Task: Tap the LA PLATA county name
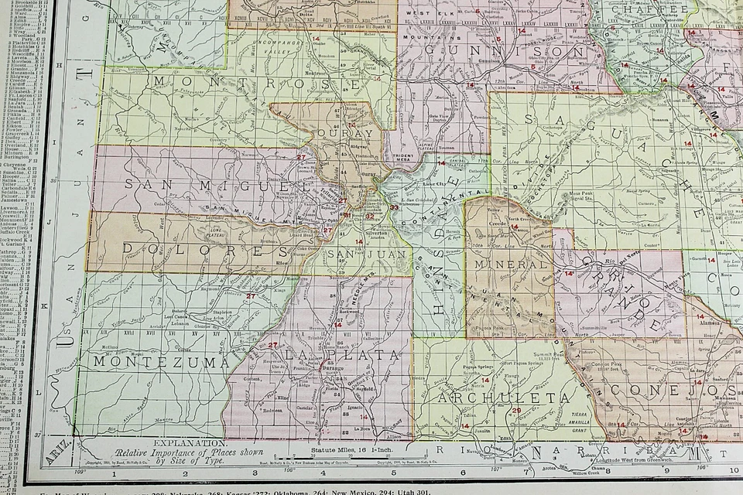click(342, 354)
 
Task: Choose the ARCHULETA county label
click(507, 398)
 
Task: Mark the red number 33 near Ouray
click(394, 207)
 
